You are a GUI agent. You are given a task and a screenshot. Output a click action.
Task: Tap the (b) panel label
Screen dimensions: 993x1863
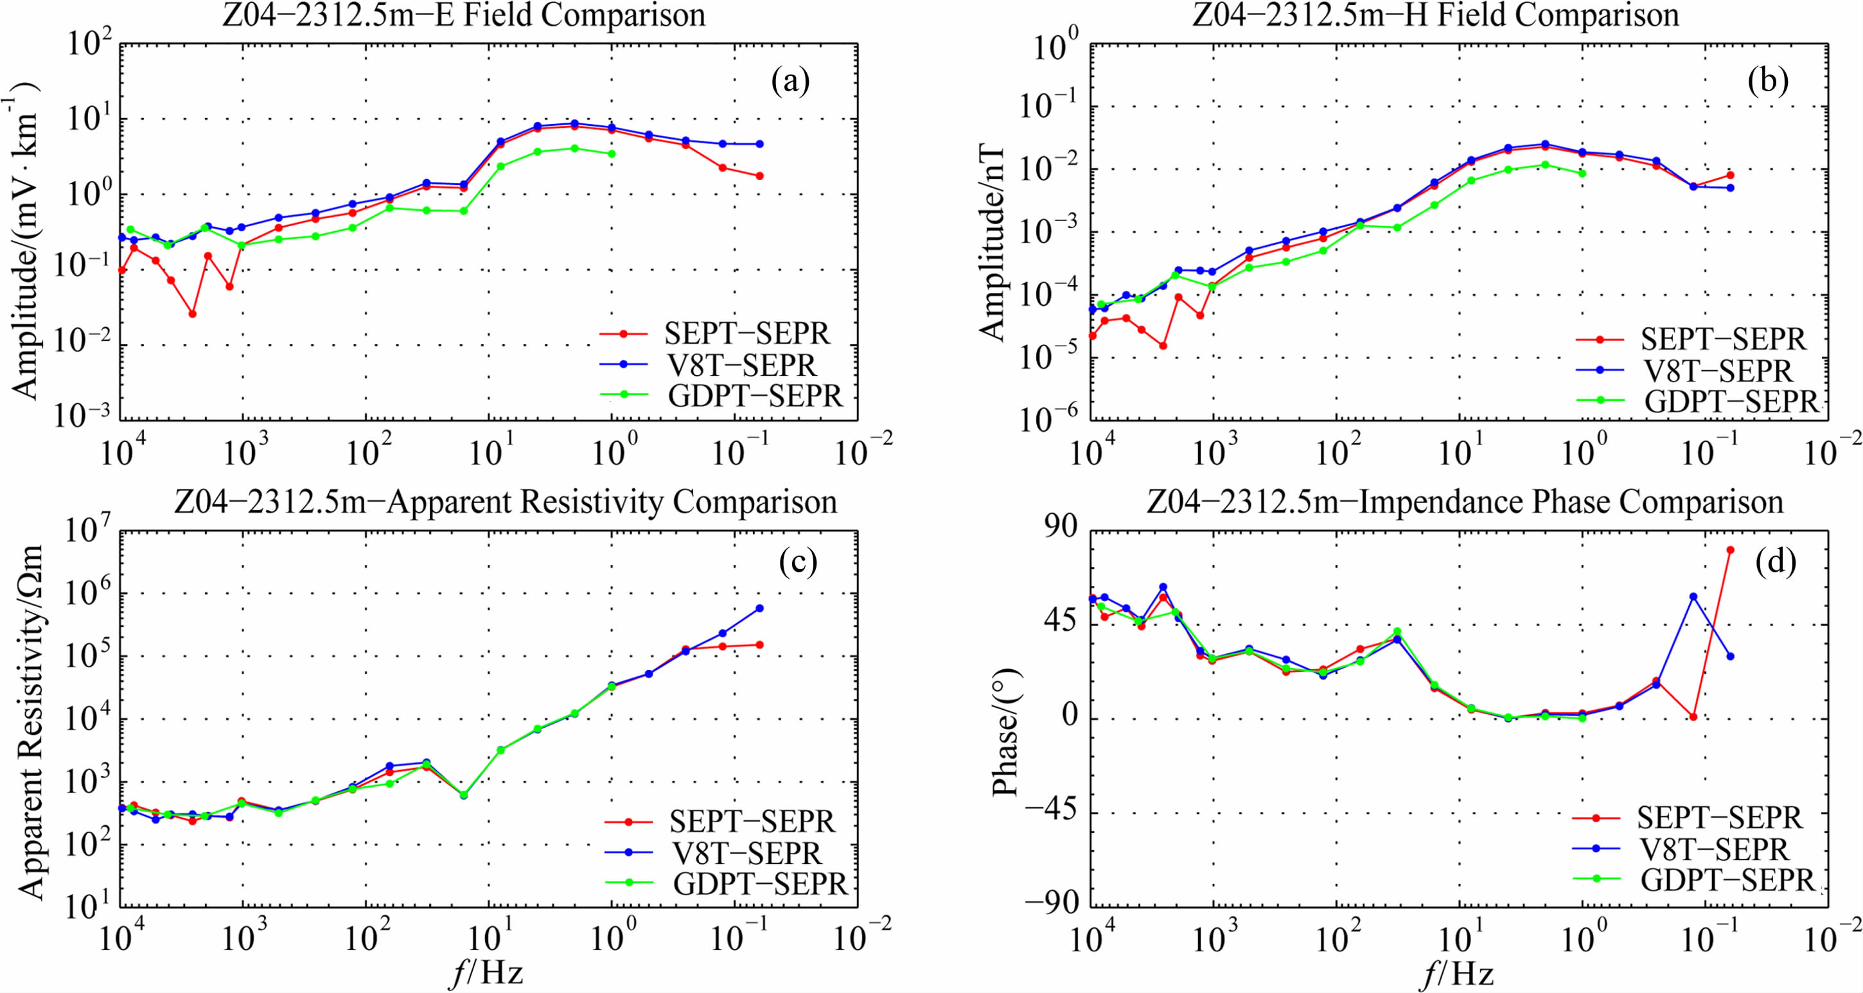pos(1767,81)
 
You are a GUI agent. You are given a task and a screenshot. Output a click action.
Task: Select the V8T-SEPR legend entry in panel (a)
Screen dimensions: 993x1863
pos(741,365)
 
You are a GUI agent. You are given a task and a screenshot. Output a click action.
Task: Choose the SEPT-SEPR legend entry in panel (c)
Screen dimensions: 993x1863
pos(752,821)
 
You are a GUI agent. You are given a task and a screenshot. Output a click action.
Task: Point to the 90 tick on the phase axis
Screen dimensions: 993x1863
pos(1059,528)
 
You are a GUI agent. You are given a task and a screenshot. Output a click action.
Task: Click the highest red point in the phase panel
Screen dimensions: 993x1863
pos(1731,550)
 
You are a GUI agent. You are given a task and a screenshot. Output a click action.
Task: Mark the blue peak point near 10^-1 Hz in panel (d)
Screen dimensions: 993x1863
pos(1693,597)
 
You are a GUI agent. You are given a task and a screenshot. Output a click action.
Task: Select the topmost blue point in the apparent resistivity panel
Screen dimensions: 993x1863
pos(759,608)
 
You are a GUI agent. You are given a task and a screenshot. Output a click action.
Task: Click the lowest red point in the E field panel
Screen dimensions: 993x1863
pos(192,314)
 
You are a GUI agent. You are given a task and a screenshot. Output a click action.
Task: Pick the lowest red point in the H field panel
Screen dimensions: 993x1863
pos(1163,346)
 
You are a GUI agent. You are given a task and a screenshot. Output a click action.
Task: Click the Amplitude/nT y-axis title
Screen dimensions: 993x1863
pos(993,242)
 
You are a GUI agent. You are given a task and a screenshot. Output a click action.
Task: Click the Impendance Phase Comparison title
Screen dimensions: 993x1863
pos(1465,502)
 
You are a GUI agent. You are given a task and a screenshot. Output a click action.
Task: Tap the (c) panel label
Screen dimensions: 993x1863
pos(798,561)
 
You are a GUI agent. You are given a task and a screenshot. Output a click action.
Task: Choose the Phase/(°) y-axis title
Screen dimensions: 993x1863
pos(1006,732)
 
